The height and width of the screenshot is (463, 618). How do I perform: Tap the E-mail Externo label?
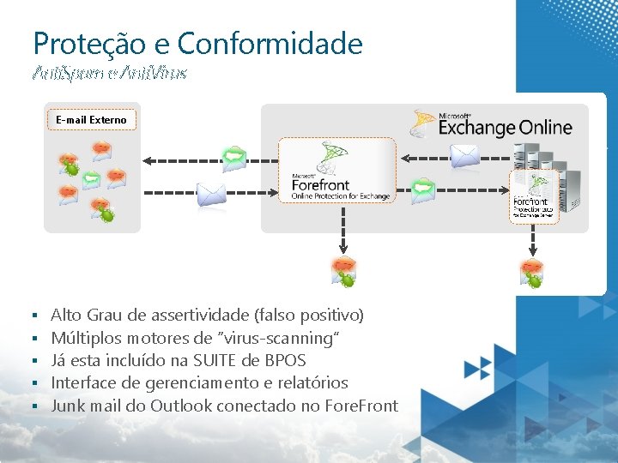click(91, 120)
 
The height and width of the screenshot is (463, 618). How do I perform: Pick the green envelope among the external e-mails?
click(93, 178)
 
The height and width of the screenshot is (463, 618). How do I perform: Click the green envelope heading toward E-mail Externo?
click(233, 157)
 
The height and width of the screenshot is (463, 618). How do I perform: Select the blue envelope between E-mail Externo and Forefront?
click(211, 195)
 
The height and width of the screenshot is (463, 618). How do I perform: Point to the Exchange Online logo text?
click(505, 127)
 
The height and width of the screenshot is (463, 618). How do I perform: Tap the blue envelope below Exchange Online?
click(464, 155)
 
